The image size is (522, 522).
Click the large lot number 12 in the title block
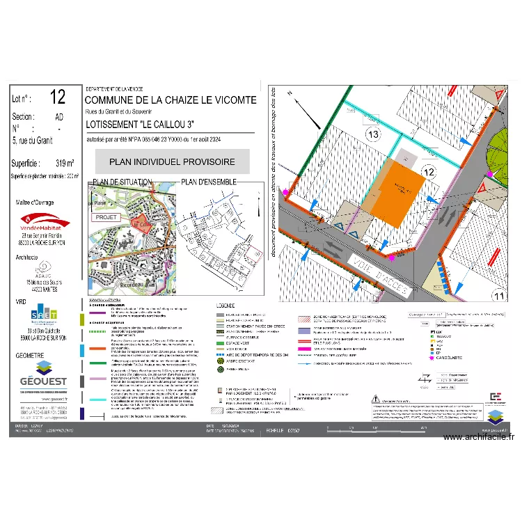pyautogui.click(x=58, y=97)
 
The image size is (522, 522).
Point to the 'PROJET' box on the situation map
pyautogui.click(x=106, y=216)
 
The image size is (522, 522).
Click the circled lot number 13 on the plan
pyautogui.click(x=372, y=134)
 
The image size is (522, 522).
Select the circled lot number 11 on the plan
pyautogui.click(x=498, y=296)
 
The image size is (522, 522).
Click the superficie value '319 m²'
pyautogui.click(x=65, y=164)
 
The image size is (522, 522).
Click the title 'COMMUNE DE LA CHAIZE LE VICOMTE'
pyautogui.click(x=171, y=101)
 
